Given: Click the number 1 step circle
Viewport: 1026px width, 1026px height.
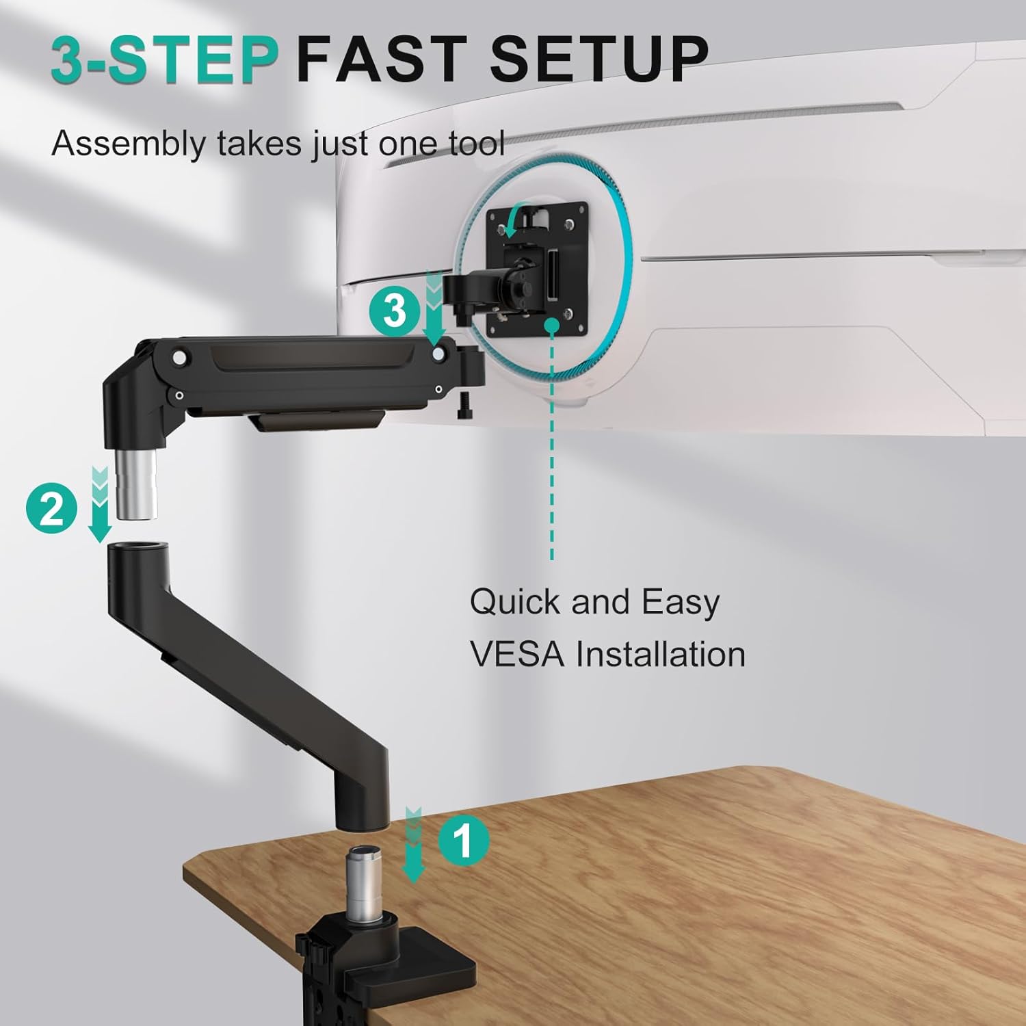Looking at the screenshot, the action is click(x=463, y=841).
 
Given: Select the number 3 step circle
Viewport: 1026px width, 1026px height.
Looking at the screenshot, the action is click(x=395, y=311).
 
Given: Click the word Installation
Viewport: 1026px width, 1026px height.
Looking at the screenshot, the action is click(x=660, y=654).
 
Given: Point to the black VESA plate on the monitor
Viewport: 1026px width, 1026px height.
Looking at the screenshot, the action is click(x=537, y=269).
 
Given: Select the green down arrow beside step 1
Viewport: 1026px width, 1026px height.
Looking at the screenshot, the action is click(x=413, y=845).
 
